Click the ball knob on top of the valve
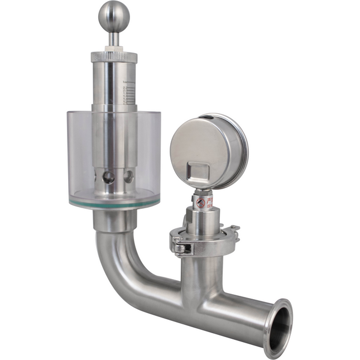[x=114, y=16]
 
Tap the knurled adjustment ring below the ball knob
[x=114, y=56]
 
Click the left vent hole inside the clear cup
[x=108, y=177]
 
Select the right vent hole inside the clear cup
[x=128, y=177]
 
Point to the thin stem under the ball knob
[x=114, y=39]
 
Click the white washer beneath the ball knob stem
[x=114, y=49]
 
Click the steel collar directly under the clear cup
[x=114, y=220]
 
